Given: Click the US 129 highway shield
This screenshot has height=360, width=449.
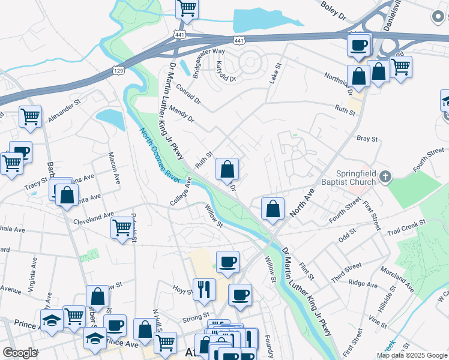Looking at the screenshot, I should click(x=118, y=70).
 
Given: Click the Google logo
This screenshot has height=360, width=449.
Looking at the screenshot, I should click(x=20, y=353).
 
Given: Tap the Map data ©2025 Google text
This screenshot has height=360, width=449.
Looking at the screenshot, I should click(x=412, y=355).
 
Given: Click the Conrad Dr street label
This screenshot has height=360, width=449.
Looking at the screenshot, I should click(x=188, y=94).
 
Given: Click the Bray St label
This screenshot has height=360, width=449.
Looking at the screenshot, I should click(x=367, y=139).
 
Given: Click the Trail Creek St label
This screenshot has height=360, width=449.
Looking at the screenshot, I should click(x=406, y=226).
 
